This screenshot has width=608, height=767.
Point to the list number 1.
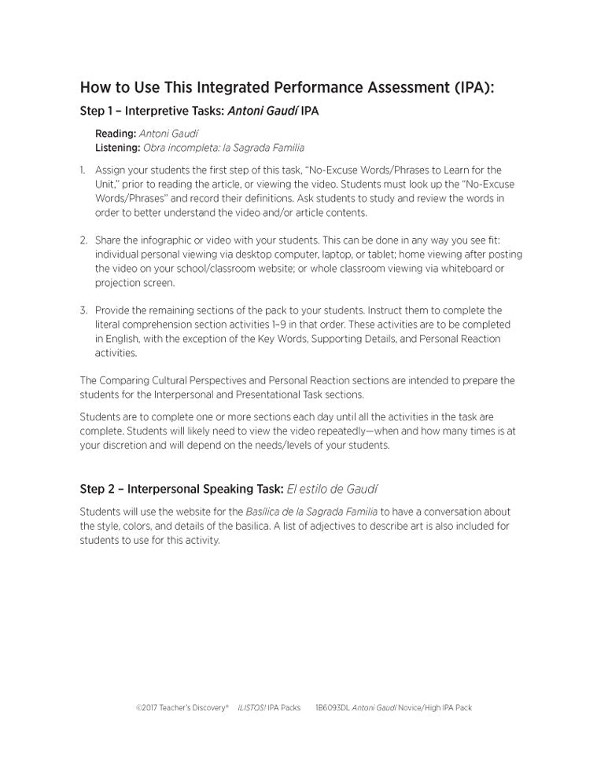point(83,170)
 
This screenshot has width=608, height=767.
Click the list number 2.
point(83,240)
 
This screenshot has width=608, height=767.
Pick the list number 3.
point(83,310)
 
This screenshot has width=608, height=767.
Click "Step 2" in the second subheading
point(98,488)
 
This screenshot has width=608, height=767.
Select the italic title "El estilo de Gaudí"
point(333,488)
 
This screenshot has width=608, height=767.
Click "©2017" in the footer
point(146,707)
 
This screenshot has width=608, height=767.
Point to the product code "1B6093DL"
point(331,707)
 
